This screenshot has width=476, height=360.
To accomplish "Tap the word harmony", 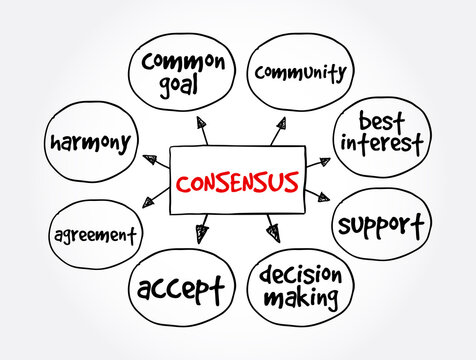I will coord(89,141).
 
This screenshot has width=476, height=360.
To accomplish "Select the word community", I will coord(301,72).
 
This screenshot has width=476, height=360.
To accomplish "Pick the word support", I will coord(381,221).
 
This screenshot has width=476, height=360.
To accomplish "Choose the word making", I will coord(300,299).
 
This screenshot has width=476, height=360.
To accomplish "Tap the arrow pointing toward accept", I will coord(203,232).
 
